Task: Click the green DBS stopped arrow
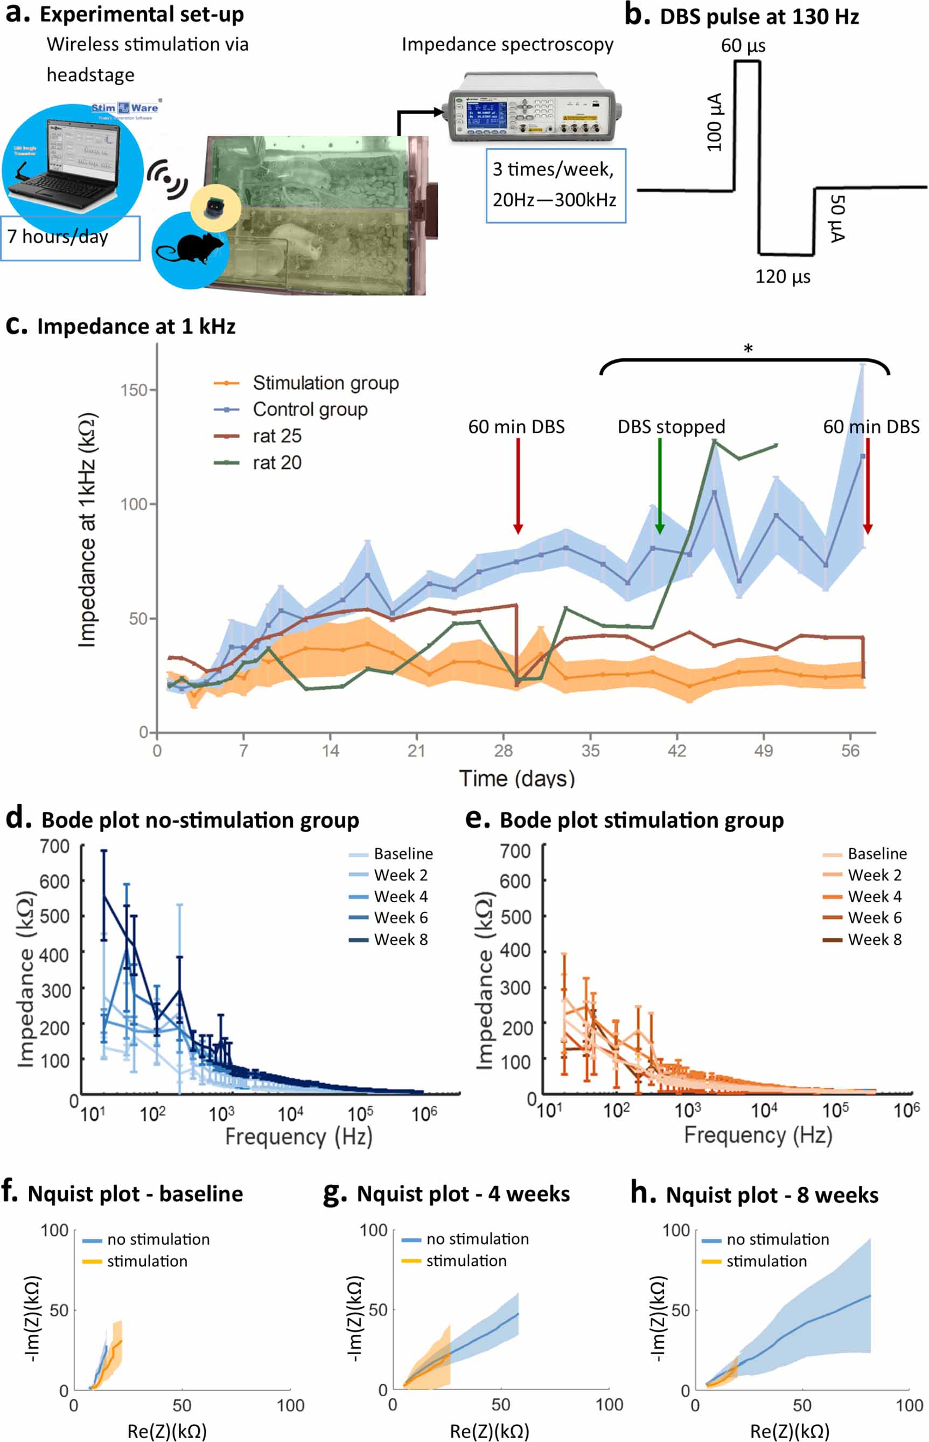(659, 487)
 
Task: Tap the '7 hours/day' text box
(70, 238)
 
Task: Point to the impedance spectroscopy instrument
(534, 107)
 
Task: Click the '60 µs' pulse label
(743, 46)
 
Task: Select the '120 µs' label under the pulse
(783, 277)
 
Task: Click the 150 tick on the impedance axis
(134, 390)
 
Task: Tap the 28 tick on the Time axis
(503, 751)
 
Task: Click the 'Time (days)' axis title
(517, 779)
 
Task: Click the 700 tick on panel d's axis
(55, 847)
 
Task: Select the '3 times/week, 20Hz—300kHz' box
(556, 185)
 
